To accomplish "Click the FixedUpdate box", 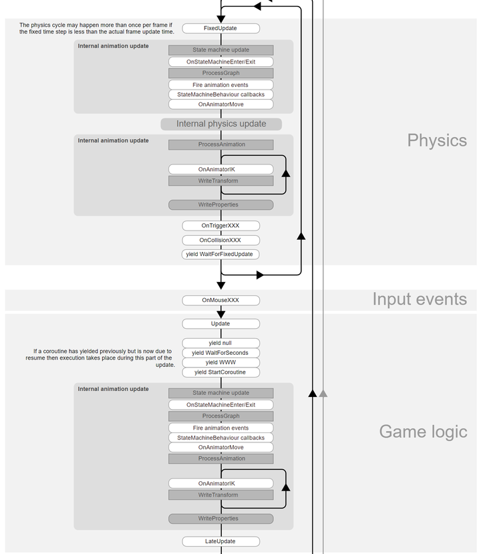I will (220, 29).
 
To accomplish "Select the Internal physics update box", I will (221, 124).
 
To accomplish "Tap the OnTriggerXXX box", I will (220, 226).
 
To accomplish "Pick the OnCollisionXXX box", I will (220, 240).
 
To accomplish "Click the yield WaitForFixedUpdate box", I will (220, 254).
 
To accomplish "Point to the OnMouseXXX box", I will (220, 300).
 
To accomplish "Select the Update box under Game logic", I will (220, 323).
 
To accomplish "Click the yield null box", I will (220, 343).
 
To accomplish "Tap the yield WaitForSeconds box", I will (220, 353).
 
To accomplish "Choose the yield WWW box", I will (220, 362).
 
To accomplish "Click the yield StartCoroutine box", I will (220, 372).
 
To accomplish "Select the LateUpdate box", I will (220, 541).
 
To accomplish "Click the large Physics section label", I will (437, 140).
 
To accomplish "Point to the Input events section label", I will (420, 299).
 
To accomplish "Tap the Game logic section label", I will (423, 432).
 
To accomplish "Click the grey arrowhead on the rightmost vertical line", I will (323, 394).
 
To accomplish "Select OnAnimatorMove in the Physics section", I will (220, 104).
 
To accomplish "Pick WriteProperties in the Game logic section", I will (220, 519).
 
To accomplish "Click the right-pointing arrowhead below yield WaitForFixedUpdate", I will (260, 275).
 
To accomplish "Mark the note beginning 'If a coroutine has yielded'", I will (103, 358).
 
